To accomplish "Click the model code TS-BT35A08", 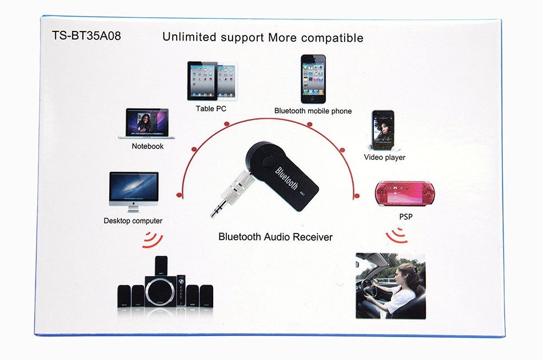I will pos(86,36).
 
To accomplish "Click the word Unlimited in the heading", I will pos(186,38).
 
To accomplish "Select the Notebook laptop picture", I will pos(147,123).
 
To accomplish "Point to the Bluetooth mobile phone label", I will pos(313,111).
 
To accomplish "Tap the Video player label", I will pos(385,157).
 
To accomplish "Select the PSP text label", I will pos(405,217).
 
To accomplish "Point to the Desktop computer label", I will pos(133,221).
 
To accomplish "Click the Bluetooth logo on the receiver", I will pos(288,177).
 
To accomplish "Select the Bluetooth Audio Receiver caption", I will pos(276,237).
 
